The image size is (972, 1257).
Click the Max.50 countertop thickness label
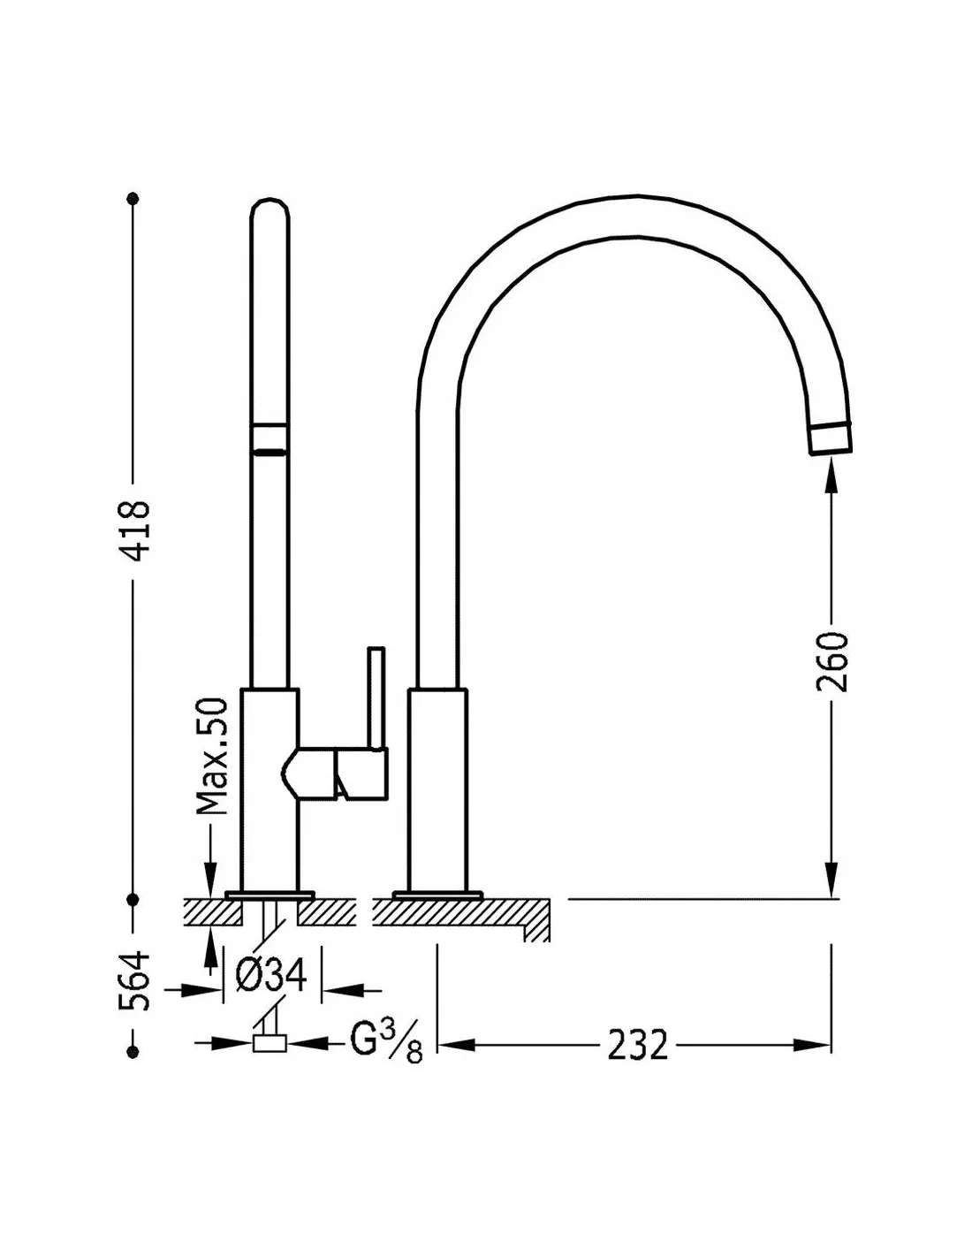(x=212, y=756)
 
